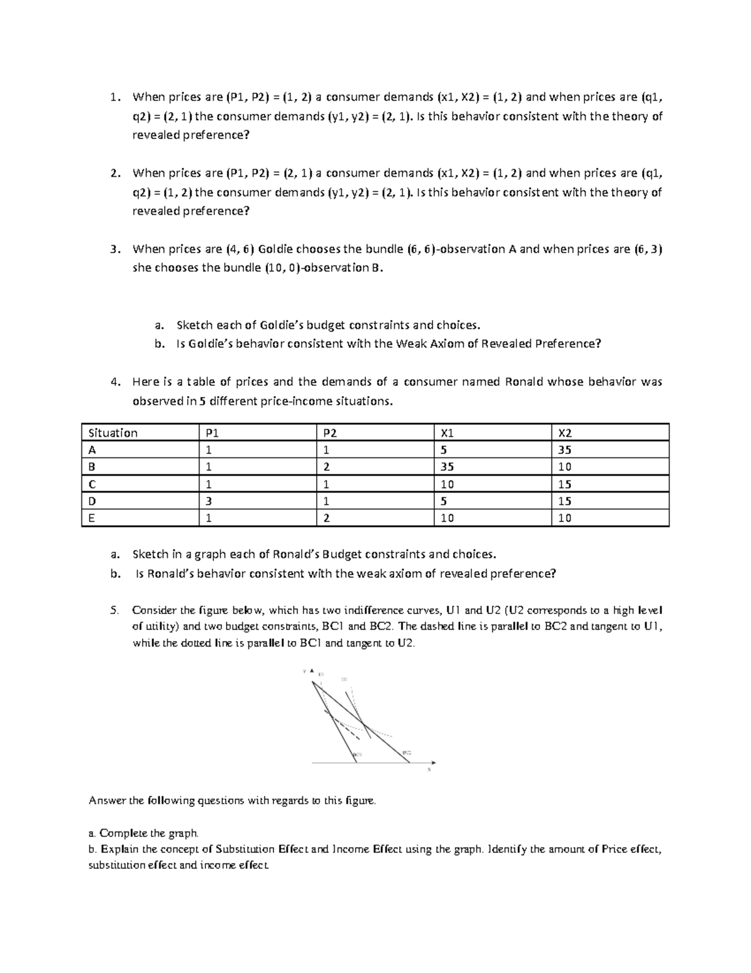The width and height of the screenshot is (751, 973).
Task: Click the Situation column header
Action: [x=113, y=432]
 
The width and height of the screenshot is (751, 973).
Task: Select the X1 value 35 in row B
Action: [x=447, y=467]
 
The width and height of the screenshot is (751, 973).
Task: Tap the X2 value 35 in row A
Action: [x=565, y=450]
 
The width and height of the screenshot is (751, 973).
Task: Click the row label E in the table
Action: [x=91, y=518]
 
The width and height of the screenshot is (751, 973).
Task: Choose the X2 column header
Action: [x=565, y=432]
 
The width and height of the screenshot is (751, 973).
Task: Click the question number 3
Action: [x=113, y=249]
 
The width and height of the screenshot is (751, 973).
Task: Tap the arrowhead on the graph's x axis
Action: [x=432, y=762]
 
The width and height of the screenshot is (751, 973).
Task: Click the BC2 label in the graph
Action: [x=407, y=752]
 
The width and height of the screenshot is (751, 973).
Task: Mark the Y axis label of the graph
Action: [x=305, y=671]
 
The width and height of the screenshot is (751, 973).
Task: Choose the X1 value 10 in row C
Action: [x=447, y=484]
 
